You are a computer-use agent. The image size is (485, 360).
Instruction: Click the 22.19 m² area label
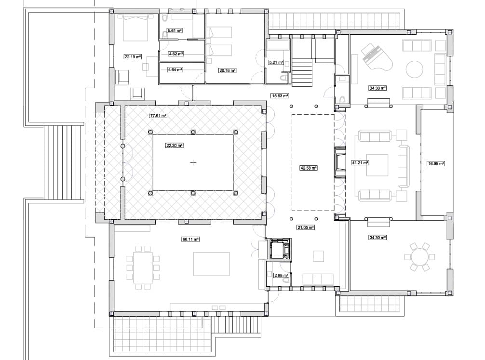pos(133,57)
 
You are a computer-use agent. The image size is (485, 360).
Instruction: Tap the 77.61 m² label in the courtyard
pos(158,116)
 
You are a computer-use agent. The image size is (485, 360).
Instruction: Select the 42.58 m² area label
pos(309,168)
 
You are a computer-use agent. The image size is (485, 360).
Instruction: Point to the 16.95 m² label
pos(436,163)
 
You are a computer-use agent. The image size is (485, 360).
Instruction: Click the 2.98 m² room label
pos(281,275)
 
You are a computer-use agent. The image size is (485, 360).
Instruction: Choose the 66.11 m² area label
pos(191,239)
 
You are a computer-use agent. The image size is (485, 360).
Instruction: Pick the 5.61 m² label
pos(175,31)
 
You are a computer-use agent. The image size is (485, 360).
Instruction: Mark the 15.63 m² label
pos(280,95)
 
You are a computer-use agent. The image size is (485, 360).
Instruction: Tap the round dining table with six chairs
pos(420,257)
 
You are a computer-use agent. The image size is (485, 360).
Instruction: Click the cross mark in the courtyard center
pos(193,163)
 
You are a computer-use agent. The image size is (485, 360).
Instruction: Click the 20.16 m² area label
pos(227,70)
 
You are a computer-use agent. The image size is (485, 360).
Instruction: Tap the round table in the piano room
pos(416,69)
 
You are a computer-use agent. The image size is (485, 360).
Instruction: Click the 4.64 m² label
pos(175,70)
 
